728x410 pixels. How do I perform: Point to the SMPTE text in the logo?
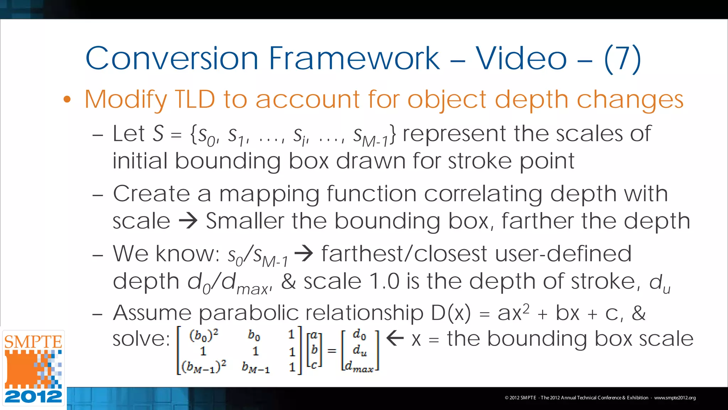click(x=33, y=342)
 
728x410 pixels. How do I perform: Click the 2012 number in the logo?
click(x=33, y=396)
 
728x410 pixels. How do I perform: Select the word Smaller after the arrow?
click(x=245, y=221)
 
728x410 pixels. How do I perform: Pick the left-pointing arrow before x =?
click(x=395, y=338)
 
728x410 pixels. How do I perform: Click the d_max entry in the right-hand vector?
click(x=359, y=367)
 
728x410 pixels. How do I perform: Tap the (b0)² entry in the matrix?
click(x=204, y=335)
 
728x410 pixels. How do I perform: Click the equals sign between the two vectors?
click(x=332, y=351)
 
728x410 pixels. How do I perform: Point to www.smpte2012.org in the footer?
click(x=675, y=398)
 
